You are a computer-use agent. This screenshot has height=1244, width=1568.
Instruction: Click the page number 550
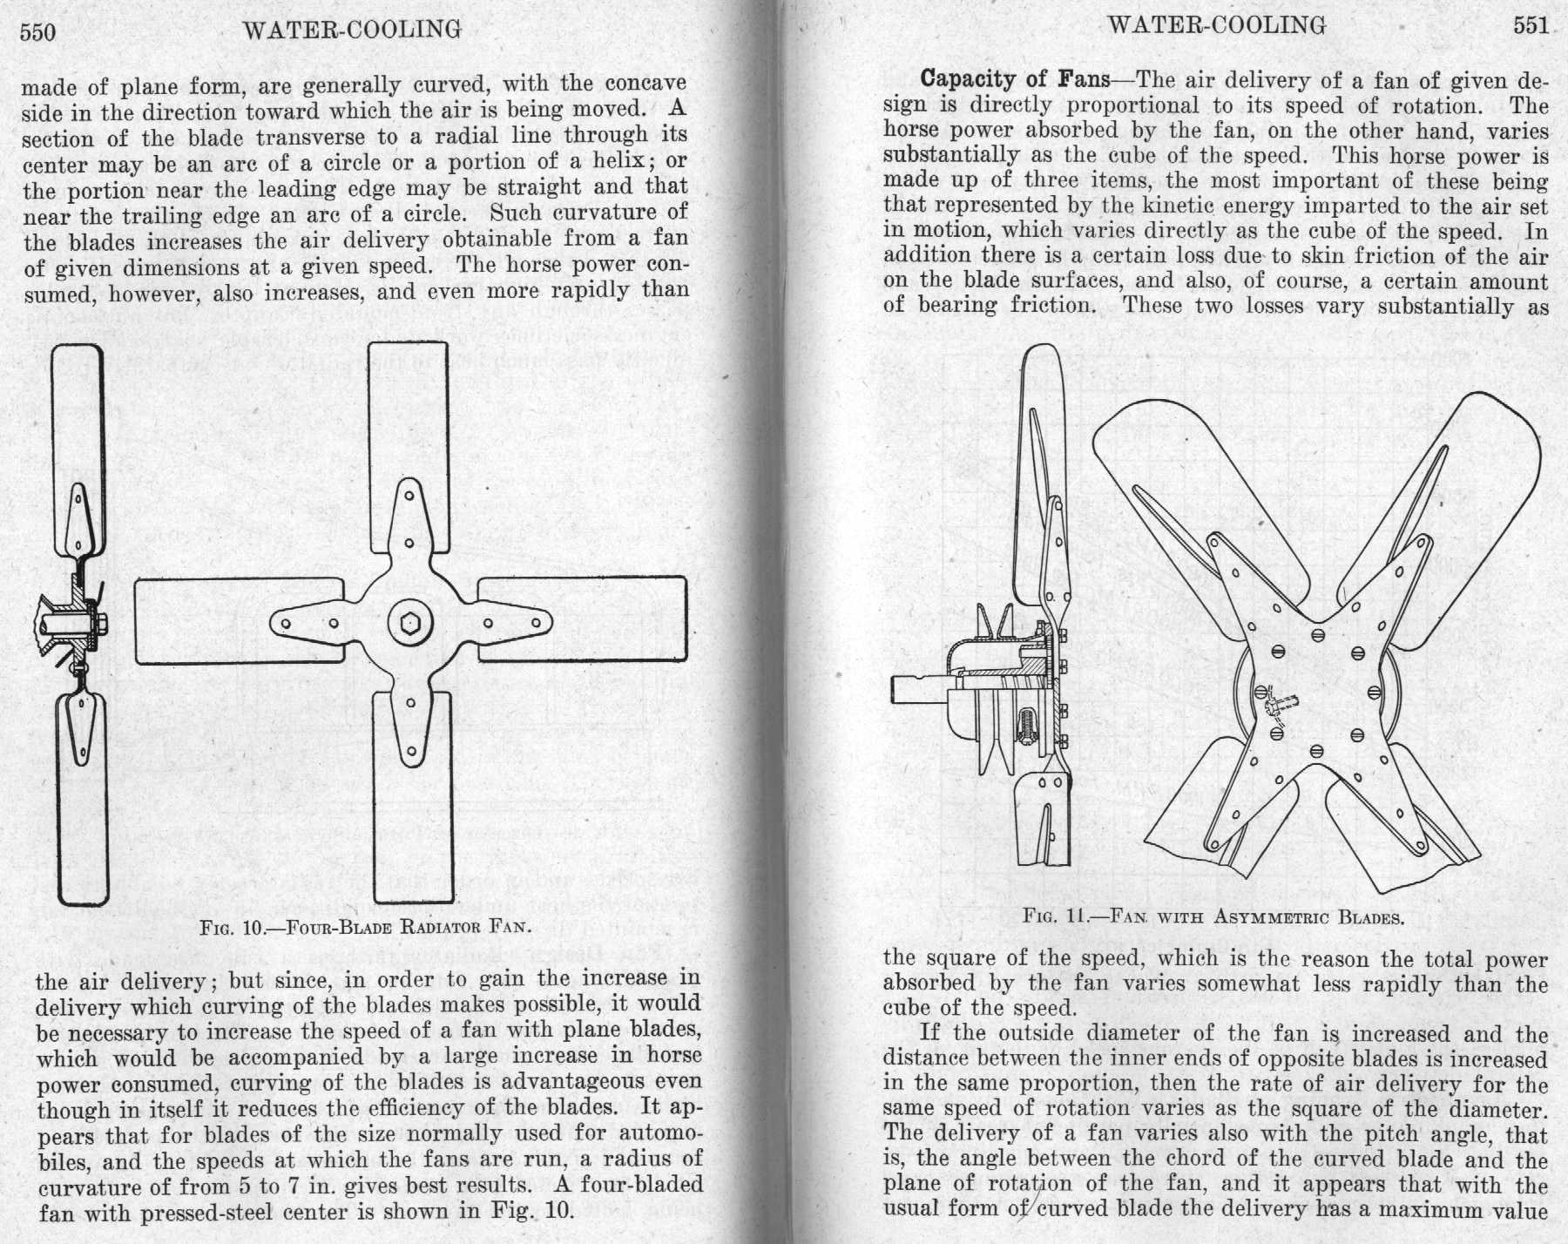point(37,32)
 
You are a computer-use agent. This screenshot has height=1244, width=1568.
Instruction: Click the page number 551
point(1530,25)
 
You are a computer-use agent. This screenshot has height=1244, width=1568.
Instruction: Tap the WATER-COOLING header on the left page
point(352,30)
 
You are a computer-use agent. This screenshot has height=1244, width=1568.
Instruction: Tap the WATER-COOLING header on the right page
point(1216,24)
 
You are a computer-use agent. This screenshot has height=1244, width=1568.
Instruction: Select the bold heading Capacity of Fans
point(1015,79)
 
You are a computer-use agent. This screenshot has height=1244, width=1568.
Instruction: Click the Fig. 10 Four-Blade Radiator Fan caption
point(365,925)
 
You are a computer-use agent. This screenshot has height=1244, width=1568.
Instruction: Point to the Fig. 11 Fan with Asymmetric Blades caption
point(1213,916)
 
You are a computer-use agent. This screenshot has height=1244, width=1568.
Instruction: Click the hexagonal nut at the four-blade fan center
point(409,624)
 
